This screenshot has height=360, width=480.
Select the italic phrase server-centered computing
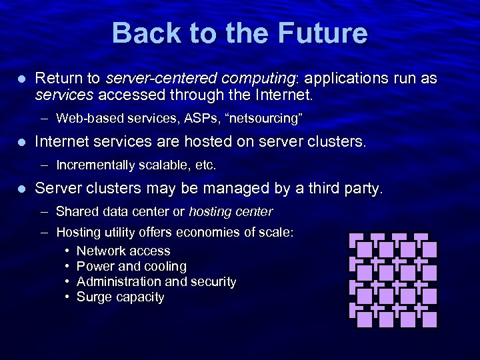click(x=200, y=79)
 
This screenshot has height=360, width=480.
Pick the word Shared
click(x=76, y=212)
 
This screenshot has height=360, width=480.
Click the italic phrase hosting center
click(x=231, y=212)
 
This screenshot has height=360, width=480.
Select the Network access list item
click(x=123, y=251)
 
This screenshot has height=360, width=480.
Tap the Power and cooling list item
click(x=131, y=267)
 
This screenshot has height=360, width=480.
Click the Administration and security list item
click(x=156, y=282)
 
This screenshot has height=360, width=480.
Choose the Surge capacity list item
click(x=120, y=297)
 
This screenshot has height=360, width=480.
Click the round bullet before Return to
click(x=21, y=79)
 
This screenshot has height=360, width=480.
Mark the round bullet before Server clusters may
click(x=21, y=189)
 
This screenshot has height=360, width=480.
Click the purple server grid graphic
click(x=393, y=280)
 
